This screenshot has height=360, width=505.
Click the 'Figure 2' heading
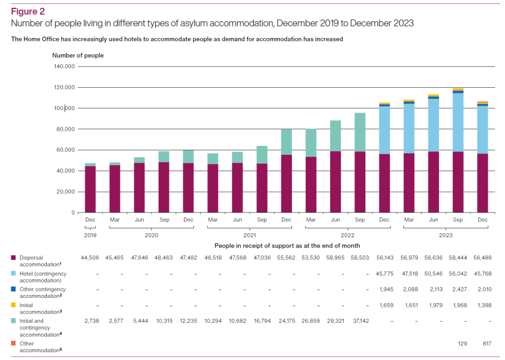click(x=28, y=11)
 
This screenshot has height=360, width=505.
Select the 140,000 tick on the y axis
click(x=63, y=67)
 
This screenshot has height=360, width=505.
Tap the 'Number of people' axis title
click(x=78, y=56)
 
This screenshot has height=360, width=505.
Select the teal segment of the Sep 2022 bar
click(x=360, y=132)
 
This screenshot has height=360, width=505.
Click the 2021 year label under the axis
click(x=250, y=235)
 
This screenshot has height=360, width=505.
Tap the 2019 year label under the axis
click(x=90, y=235)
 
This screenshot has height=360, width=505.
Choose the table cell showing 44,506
click(x=90, y=258)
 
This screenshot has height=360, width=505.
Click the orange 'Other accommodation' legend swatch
click(x=13, y=343)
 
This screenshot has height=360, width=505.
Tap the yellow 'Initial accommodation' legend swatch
click(x=13, y=305)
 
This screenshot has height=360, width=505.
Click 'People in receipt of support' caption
click(x=287, y=246)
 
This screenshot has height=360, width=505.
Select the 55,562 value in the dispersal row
click(x=287, y=258)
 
